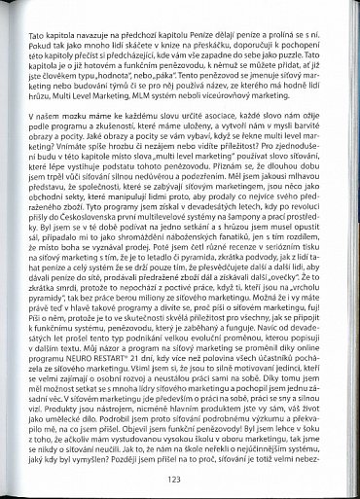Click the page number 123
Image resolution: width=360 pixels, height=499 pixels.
tap(174, 478)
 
